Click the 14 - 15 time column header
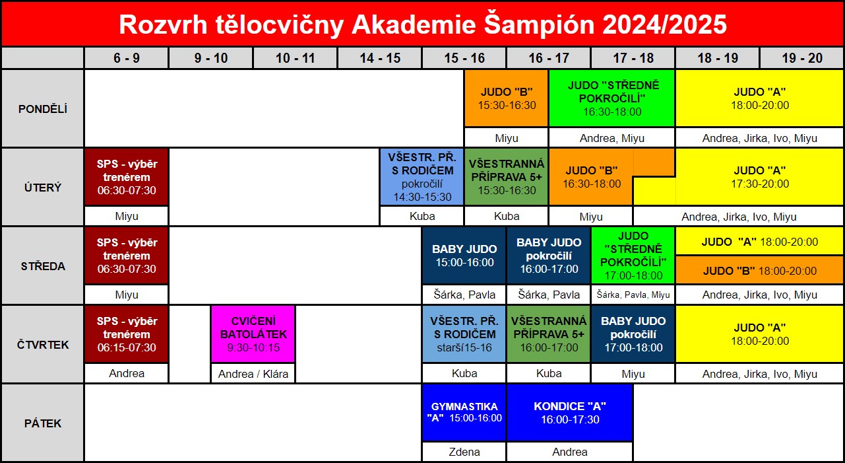click(x=379, y=58)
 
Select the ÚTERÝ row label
click(x=43, y=188)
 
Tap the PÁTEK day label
click(x=43, y=423)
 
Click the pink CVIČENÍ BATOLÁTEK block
click(x=253, y=334)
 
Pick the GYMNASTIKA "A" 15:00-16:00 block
click(x=464, y=412)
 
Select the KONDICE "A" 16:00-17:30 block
click(x=570, y=412)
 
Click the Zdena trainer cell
click(x=464, y=452)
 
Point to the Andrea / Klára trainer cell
click(x=253, y=373)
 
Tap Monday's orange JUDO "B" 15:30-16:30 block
click(x=506, y=98)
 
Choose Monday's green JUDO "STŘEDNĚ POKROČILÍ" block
click(x=612, y=98)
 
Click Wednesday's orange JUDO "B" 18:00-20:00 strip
click(x=759, y=270)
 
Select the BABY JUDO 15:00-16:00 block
click(x=464, y=256)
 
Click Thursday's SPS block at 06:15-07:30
click(x=127, y=334)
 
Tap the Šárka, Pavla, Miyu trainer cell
click(x=633, y=295)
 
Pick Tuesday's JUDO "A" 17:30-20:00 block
click(x=759, y=177)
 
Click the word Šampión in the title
click(x=540, y=24)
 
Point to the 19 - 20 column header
click(x=801, y=58)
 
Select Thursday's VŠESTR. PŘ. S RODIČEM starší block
click(x=464, y=334)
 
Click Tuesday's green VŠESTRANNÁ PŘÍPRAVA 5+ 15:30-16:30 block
click(x=506, y=177)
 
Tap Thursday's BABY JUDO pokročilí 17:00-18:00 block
click(x=633, y=334)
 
